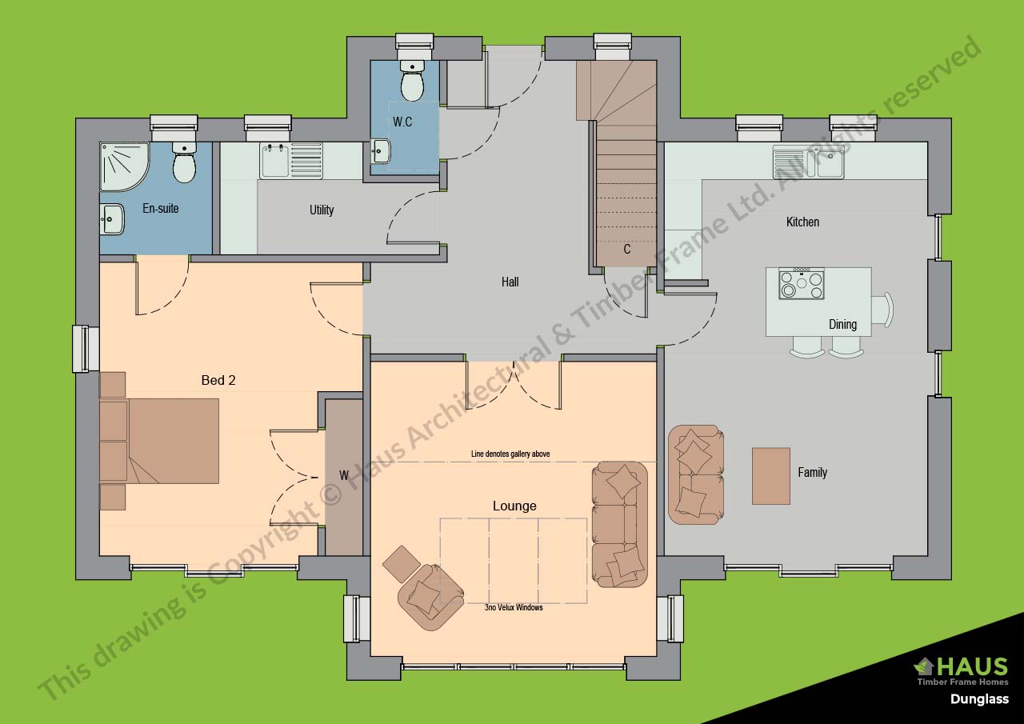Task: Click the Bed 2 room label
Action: click(218, 380)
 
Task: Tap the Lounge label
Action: click(514, 506)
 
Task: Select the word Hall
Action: click(510, 282)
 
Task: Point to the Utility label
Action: click(322, 210)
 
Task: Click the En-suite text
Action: click(161, 209)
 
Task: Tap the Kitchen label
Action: click(802, 222)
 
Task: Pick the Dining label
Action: click(842, 325)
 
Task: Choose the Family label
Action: click(812, 472)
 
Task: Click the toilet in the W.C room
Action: click(412, 81)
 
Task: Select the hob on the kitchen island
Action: click(802, 283)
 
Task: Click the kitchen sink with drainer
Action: click(808, 162)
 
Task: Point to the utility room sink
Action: click(291, 161)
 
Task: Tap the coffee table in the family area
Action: click(771, 476)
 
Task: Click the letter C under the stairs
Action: click(627, 249)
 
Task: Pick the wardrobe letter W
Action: click(344, 475)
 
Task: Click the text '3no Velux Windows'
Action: click(514, 607)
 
